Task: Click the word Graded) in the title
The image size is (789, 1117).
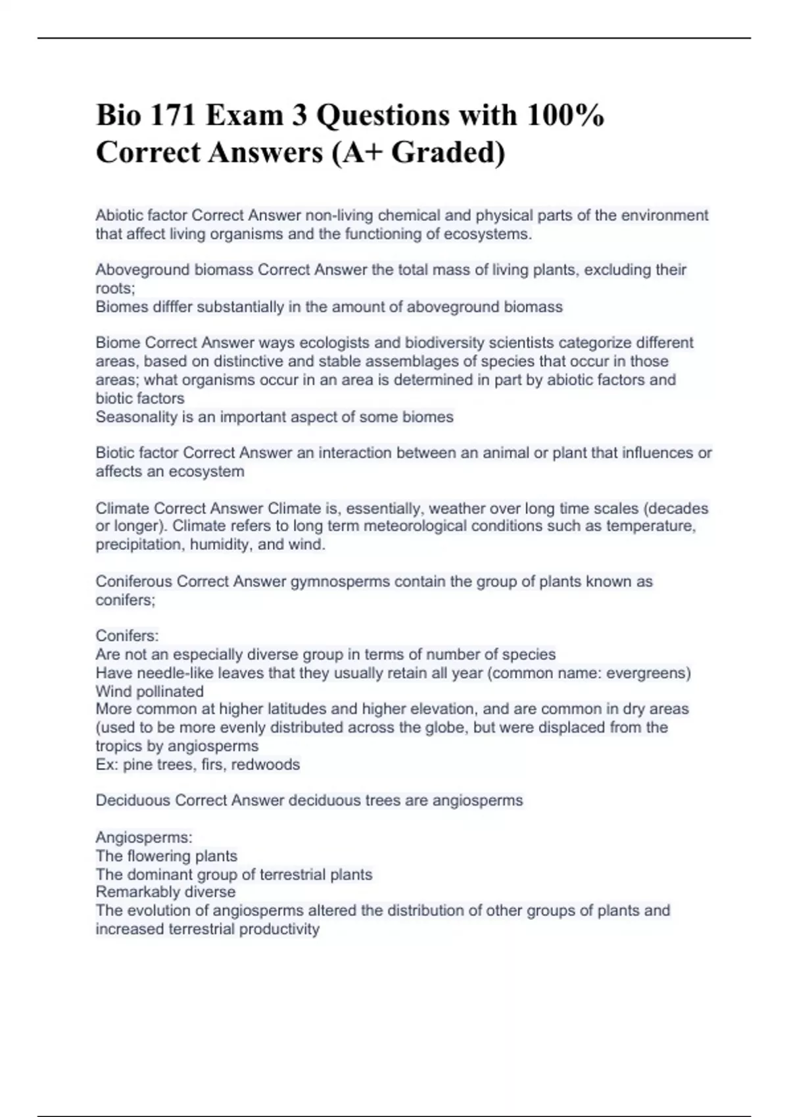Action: click(448, 152)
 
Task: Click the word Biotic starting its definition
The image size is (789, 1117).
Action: click(114, 453)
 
